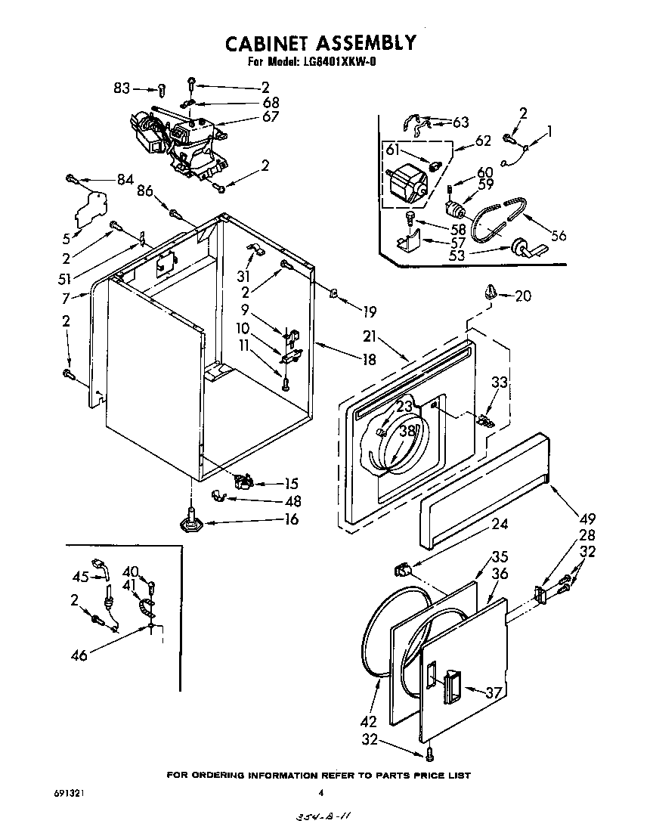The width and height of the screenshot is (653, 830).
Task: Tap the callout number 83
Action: pos(122,88)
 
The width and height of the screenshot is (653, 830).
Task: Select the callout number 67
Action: pos(270,116)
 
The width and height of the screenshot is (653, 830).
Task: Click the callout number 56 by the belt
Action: pos(559,235)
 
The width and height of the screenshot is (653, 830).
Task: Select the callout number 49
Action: pos(587,519)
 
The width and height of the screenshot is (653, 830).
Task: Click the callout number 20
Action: pos(522,296)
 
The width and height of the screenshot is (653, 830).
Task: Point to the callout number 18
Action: pos(369,360)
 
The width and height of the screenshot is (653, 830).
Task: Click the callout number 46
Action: pos(78,655)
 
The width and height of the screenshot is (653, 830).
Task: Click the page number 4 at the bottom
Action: pos(320,793)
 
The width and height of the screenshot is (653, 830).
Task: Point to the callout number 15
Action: pos(290,484)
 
